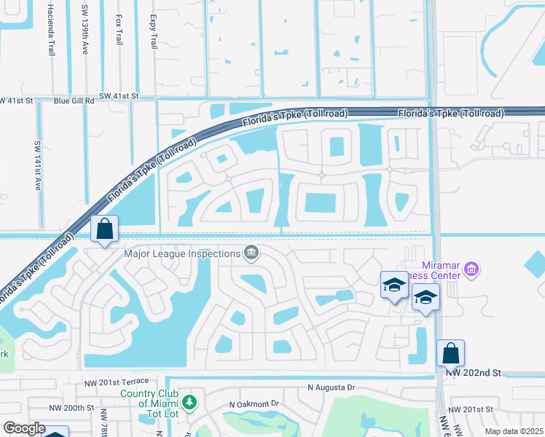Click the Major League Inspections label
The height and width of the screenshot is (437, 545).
point(182,254)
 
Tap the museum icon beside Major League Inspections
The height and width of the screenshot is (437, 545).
point(251,253)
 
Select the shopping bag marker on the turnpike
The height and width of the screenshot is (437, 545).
point(105,229)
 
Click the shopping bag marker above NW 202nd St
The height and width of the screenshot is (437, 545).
point(451,353)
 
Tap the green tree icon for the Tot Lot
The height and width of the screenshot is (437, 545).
point(189,401)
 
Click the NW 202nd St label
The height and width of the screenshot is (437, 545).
point(474,373)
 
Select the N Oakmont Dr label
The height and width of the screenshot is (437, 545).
point(254,403)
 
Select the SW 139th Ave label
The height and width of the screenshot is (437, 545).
point(85,30)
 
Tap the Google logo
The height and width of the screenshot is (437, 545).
point(24,428)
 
